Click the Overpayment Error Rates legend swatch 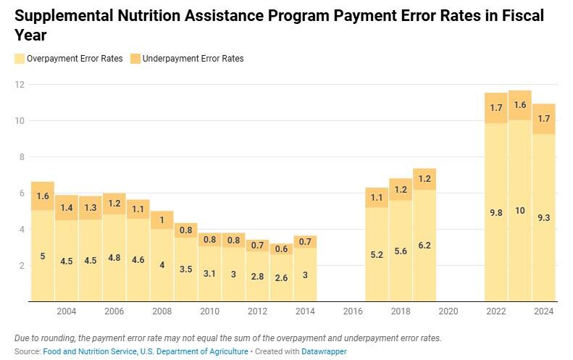click(19, 59)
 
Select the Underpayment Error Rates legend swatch click(136, 59)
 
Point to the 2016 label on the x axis click(352, 311)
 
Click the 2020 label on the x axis click(448, 311)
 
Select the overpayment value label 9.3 click(543, 217)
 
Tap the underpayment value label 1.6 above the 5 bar click(43, 196)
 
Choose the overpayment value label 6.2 click(424, 246)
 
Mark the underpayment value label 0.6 click(281, 248)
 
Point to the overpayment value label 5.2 click(376, 255)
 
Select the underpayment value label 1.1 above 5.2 click(376, 198)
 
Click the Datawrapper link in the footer click(324, 351)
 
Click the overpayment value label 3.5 click(185, 268)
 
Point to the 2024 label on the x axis click(544, 311)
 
